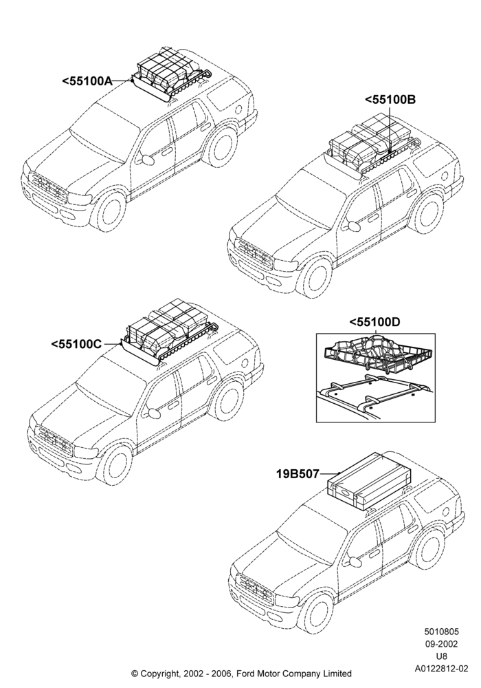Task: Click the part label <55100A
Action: (87, 81)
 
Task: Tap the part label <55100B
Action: (390, 100)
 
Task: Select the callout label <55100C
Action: (76, 344)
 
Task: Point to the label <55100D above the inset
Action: (374, 323)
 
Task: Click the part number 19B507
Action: (298, 474)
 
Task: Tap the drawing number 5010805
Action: (441, 632)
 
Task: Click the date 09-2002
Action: (441, 644)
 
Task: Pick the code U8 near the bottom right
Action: (441, 656)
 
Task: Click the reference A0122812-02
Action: (441, 669)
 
